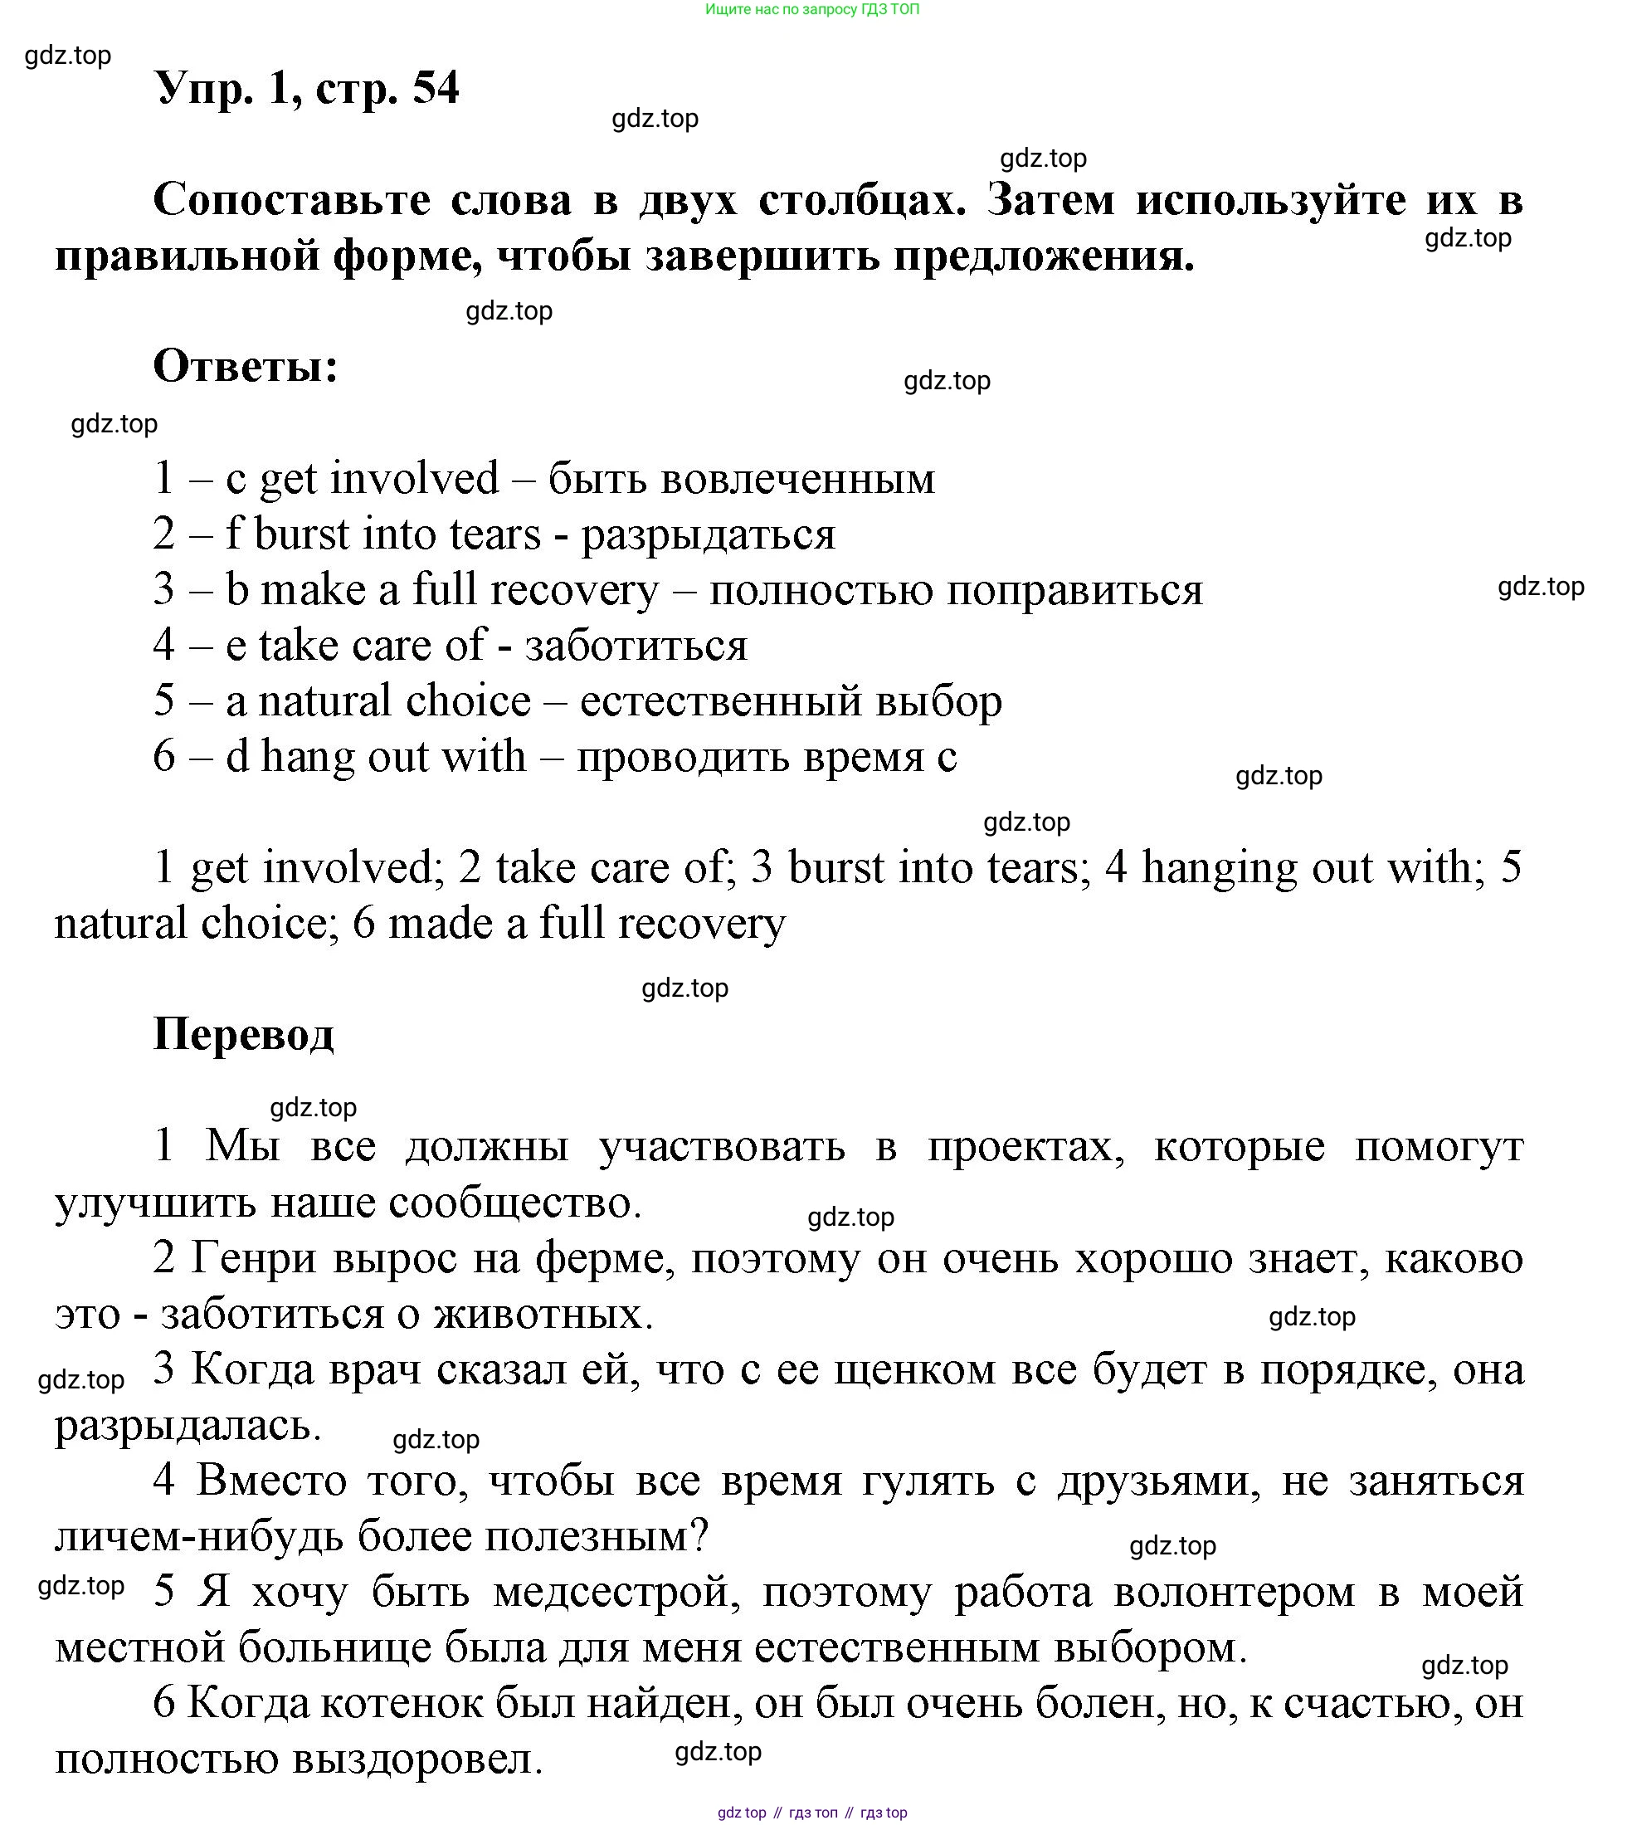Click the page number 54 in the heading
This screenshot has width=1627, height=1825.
436,89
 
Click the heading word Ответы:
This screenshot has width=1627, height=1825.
246,367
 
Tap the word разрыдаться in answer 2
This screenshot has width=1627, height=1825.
708,534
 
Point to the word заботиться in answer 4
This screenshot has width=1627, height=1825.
636,646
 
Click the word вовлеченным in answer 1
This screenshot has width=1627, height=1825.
797,479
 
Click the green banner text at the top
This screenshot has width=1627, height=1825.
811,10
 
